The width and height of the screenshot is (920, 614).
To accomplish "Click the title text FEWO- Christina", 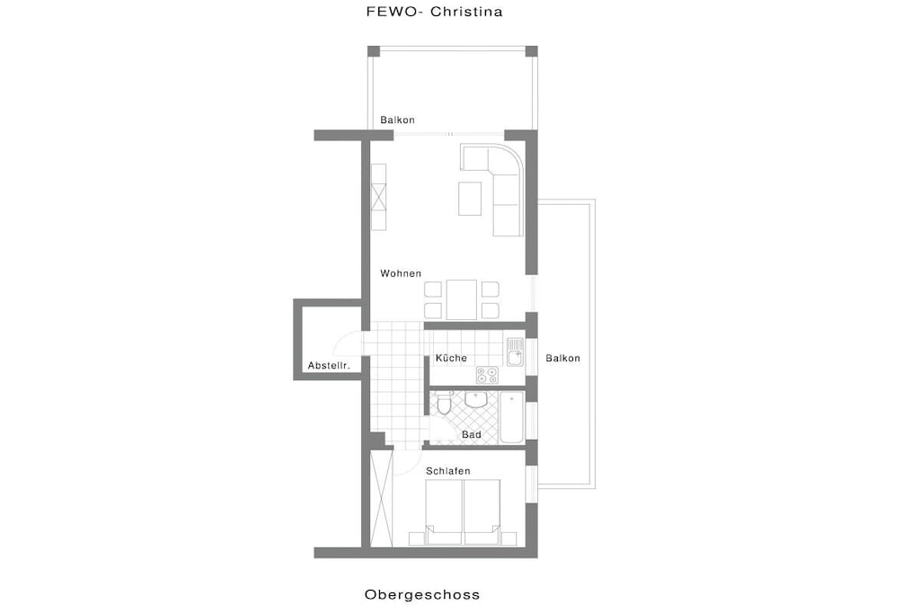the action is [x=434, y=12].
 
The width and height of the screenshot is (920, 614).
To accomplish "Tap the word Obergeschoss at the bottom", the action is [x=422, y=594].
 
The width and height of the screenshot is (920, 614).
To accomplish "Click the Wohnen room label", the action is [x=401, y=273].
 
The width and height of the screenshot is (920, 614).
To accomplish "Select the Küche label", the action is [x=451, y=358].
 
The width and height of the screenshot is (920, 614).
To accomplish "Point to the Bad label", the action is [x=472, y=435].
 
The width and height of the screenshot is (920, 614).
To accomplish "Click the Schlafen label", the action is [x=448, y=471].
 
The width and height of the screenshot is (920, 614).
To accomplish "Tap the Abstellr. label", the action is [x=329, y=366].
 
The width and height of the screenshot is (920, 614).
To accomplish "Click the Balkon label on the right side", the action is [x=562, y=358].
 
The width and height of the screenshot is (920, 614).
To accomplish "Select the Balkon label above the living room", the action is [x=397, y=120].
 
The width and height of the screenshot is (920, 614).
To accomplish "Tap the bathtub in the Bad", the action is [x=511, y=418].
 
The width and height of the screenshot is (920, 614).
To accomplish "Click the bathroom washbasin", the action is [x=476, y=400].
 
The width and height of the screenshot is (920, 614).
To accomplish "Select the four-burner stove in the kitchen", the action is [x=487, y=375].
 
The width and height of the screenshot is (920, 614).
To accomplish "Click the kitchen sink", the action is [x=515, y=351].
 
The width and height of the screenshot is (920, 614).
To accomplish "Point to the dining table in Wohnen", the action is [x=461, y=299].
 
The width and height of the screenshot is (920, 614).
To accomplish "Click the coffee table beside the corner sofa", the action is [x=469, y=199].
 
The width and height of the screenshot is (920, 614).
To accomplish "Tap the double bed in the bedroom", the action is [x=463, y=512].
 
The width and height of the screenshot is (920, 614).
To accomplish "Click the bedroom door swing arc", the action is [x=411, y=465].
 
